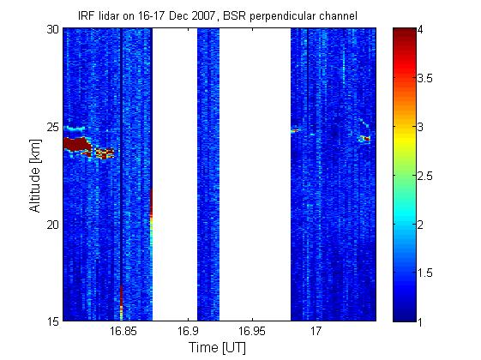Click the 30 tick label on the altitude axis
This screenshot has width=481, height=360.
[x=52, y=30]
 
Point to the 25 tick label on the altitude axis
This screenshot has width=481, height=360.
[x=52, y=127]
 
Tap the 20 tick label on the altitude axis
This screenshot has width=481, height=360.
[x=52, y=225]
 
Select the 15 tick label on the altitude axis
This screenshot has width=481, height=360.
[x=52, y=321]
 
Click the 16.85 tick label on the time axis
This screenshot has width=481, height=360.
[x=123, y=331]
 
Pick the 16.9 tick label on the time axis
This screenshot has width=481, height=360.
[x=188, y=331]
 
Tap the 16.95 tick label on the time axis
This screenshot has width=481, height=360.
[x=252, y=331]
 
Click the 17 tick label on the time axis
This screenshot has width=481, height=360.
[x=316, y=331]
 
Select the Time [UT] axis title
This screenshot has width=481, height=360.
[x=217, y=348]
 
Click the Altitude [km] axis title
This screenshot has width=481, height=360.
[x=35, y=176]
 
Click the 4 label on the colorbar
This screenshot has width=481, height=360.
[x=421, y=30]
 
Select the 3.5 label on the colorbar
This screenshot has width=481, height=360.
[x=425, y=78]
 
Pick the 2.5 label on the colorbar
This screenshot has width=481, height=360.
[x=425, y=176]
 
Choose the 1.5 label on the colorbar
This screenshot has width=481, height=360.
[x=425, y=273]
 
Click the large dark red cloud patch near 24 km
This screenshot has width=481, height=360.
[x=76, y=144]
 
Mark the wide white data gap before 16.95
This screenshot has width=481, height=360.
[x=255, y=175]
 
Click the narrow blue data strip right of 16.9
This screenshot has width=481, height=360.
[x=208, y=175]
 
